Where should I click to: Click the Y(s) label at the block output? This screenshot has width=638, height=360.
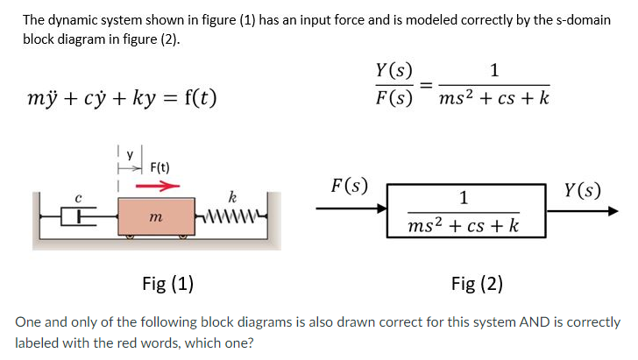click(584, 189)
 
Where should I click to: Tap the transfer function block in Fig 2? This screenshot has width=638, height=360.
click(464, 211)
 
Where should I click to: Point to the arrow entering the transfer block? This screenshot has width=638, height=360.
click(358, 209)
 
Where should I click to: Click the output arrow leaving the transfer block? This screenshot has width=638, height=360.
click(579, 211)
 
